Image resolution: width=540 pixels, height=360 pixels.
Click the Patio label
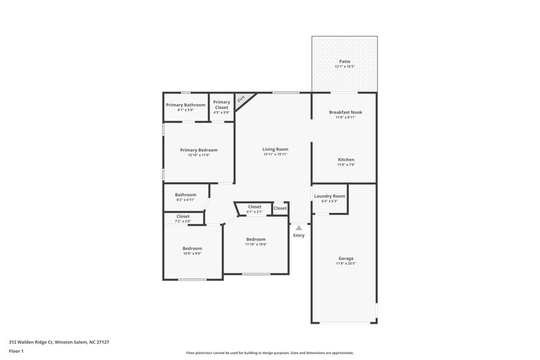pyautogui.click(x=344, y=61)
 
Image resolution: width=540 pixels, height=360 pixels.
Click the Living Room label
pyautogui.click(x=275, y=149)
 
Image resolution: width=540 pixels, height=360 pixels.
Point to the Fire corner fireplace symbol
pyautogui.click(x=241, y=99)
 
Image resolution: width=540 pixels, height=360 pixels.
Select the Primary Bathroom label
pyautogui.click(x=185, y=105)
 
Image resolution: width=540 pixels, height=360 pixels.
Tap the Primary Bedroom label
pyautogui.click(x=198, y=150)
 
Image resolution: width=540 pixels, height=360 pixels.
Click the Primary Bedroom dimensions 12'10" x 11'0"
pyautogui.click(x=198, y=155)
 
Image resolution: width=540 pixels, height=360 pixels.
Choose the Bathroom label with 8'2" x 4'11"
pyautogui.click(x=186, y=195)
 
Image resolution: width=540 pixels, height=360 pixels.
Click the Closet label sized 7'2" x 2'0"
pyautogui.click(x=183, y=216)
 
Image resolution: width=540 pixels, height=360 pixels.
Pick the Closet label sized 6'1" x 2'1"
pyautogui.click(x=254, y=207)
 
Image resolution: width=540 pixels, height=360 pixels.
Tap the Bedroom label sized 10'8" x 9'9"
pyautogui.click(x=192, y=248)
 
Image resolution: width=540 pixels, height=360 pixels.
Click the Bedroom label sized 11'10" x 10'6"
pyautogui.click(x=256, y=239)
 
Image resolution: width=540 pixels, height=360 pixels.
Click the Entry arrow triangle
pyautogui.click(x=299, y=228)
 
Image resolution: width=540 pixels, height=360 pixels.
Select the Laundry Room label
pyautogui.click(x=329, y=196)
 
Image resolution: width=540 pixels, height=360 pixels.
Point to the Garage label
pyautogui.click(x=346, y=258)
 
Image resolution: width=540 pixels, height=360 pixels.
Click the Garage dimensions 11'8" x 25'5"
pyautogui.click(x=346, y=263)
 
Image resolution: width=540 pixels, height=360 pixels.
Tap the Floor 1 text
pyautogui.click(x=16, y=351)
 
